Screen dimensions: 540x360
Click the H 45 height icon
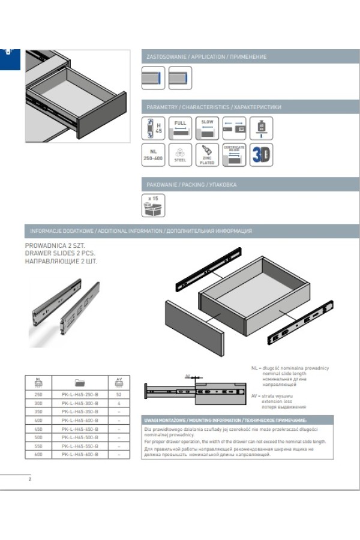pos(152,128)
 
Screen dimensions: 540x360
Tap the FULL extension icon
pos(180,128)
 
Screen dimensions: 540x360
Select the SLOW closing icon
pos(207,128)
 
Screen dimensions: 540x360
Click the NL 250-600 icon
pos(152,155)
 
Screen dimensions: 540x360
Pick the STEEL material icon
pos(180,155)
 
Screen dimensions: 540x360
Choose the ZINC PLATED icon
pos(207,155)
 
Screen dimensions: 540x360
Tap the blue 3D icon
pos(262,155)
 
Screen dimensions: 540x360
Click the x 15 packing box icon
pos(152,205)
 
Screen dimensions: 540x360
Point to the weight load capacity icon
pos(262,128)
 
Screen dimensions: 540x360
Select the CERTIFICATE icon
pos(234,155)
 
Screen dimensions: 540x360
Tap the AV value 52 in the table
pos(119,395)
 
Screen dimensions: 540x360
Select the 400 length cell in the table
pos(38,421)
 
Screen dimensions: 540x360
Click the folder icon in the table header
pos(80,382)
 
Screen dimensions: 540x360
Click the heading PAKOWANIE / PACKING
pos(192,185)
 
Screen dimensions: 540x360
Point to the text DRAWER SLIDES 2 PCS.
pos(60,253)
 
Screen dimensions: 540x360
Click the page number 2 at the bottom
pos(29,479)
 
